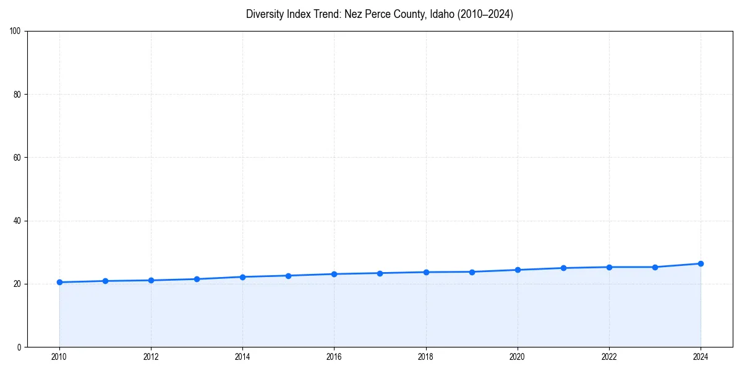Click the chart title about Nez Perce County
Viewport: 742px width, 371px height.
point(379,14)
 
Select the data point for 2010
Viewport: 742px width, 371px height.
point(59,282)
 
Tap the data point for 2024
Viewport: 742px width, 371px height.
point(701,263)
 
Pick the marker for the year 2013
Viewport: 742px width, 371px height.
point(197,279)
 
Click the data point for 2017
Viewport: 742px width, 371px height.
point(380,273)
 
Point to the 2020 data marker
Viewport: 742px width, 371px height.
point(518,270)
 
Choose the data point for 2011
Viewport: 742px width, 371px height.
point(105,281)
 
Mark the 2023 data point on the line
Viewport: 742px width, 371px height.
point(655,267)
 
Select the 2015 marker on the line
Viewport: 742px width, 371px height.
point(288,275)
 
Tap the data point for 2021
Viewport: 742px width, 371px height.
point(563,268)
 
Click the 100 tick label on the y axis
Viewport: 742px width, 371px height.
point(15,32)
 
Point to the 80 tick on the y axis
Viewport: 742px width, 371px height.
point(17,95)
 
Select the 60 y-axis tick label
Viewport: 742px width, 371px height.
point(17,158)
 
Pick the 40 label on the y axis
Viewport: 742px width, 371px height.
point(17,221)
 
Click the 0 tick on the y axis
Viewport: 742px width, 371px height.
point(19,347)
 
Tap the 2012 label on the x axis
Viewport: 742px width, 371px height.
point(151,356)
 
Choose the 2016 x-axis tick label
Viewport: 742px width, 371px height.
point(334,356)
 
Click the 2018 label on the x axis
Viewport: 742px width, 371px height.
point(425,356)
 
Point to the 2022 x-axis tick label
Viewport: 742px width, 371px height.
point(609,356)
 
